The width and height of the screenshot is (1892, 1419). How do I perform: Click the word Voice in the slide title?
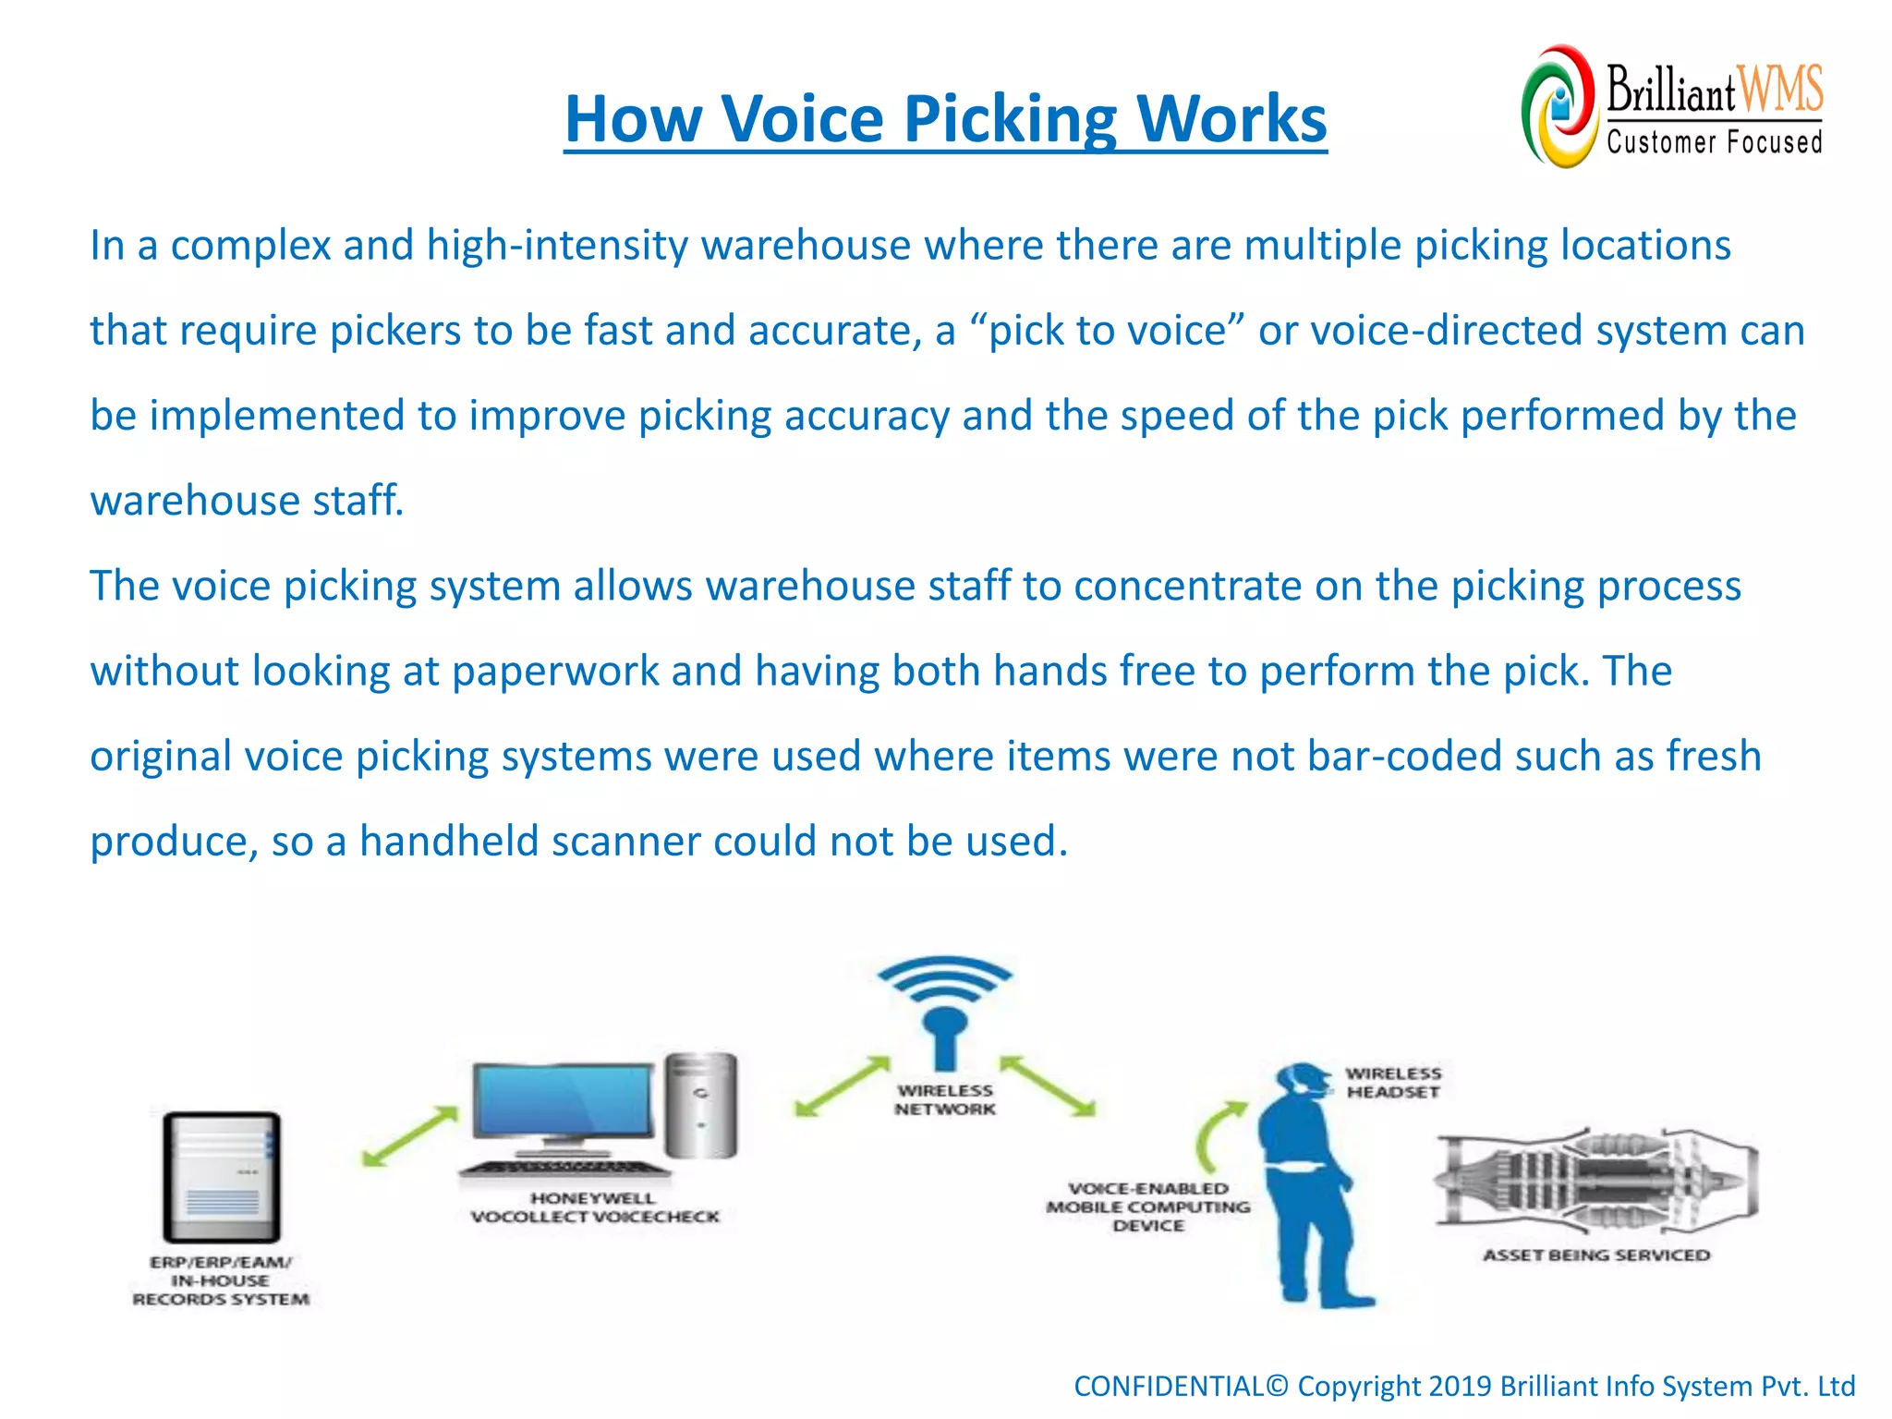tap(802, 119)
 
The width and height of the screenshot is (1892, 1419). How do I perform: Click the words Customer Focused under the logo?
tap(1714, 142)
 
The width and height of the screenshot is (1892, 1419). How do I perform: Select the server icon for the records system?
tap(222, 1177)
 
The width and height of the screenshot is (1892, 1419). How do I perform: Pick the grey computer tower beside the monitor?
tap(702, 1105)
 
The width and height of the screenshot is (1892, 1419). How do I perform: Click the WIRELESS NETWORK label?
tap(944, 1100)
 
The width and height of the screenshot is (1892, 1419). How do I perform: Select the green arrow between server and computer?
tap(409, 1136)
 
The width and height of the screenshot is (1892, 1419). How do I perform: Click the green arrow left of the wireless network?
tap(842, 1087)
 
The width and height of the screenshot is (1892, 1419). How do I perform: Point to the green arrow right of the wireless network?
tap(1048, 1085)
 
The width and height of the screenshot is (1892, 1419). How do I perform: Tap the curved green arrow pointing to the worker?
tap(1218, 1135)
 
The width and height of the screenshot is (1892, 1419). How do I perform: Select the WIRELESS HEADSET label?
tap(1393, 1083)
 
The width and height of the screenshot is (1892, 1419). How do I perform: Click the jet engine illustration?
tap(1595, 1181)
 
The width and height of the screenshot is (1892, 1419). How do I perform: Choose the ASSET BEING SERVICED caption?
tap(1595, 1255)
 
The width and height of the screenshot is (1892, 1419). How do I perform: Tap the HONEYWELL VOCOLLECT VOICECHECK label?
tap(594, 1207)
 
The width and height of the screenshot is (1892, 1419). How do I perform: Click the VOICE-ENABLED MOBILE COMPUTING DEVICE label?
tap(1148, 1207)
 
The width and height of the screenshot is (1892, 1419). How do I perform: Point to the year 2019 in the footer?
tap(1459, 1387)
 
